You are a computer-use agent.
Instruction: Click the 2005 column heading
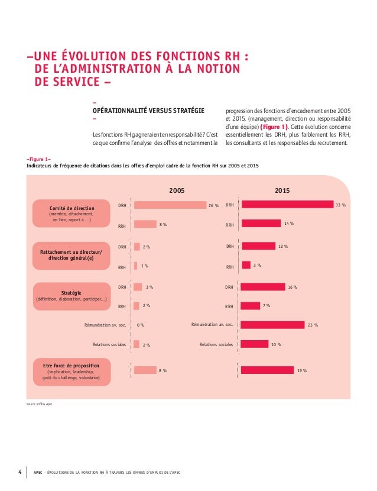177,191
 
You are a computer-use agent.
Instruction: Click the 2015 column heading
282,191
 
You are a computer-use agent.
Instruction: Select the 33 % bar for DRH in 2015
287,204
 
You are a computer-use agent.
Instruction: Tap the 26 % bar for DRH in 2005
169,205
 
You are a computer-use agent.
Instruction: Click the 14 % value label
289,224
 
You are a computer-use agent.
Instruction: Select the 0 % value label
141,325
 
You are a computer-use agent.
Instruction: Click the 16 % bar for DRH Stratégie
263,287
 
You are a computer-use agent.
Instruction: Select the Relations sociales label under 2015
216,344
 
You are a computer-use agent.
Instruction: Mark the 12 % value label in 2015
283,246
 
